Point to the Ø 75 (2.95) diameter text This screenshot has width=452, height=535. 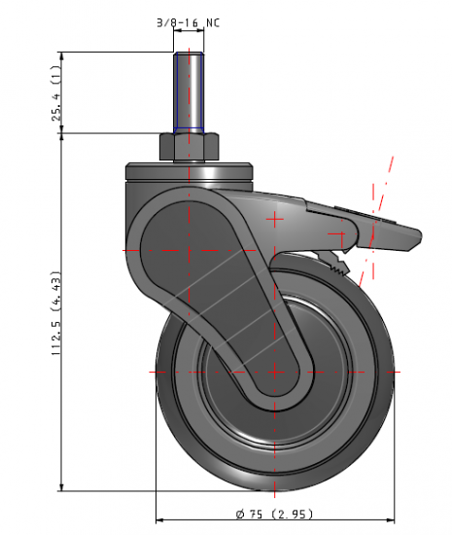pyautogui.click(x=276, y=514)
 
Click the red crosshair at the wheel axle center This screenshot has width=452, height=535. pyautogui.click(x=275, y=371)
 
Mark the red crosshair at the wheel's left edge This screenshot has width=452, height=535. pyautogui.click(x=156, y=371)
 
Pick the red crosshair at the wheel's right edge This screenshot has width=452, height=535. pyautogui.click(x=394, y=371)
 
